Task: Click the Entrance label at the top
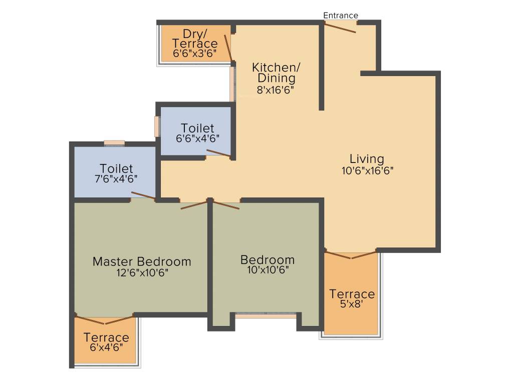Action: (340, 15)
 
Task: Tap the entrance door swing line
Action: (340, 28)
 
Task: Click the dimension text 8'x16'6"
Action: (274, 90)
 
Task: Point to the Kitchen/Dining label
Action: (274, 72)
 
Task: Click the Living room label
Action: (367, 159)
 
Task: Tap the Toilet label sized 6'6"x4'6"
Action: (197, 128)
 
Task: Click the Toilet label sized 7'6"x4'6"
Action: (116, 168)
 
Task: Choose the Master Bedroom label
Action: (142, 261)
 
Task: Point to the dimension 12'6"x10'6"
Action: (142, 273)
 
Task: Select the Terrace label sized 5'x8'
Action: (352, 294)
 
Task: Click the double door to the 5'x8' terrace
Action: (351, 255)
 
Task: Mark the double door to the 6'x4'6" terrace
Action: (105, 319)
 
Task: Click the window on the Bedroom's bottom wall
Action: (266, 315)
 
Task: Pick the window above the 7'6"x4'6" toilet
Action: (114, 143)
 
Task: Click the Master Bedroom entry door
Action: (193, 204)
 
